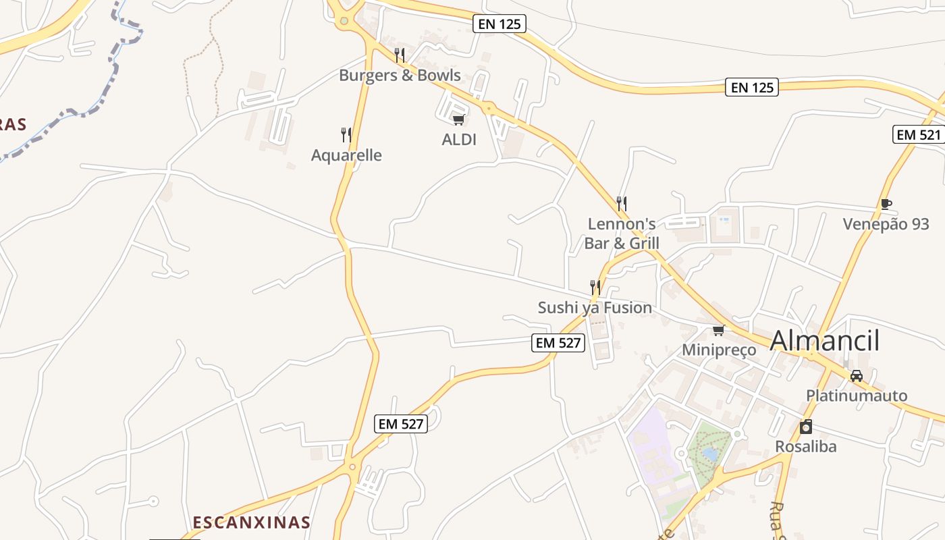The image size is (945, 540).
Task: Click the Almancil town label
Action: pos(824,341)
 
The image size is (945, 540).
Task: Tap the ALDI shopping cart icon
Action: pos(459,119)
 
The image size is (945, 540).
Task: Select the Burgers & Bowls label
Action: pos(400,75)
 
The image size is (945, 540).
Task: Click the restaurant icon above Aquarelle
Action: pos(346,134)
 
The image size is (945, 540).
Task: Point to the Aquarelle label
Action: pos(346,155)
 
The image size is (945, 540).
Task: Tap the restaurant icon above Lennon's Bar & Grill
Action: pos(622,202)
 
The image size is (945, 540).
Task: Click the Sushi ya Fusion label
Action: pos(595,308)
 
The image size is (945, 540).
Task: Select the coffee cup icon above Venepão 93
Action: pos(886,204)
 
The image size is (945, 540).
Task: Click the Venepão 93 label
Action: pos(886,224)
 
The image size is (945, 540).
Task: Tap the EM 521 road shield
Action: pos(917,134)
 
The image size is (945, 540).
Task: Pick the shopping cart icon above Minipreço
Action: pos(719,330)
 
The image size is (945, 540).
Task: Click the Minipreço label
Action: pos(719,350)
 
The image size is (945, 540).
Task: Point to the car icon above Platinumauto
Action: pos(856,375)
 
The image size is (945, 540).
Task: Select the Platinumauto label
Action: pos(857,396)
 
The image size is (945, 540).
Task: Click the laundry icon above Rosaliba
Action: pos(805,427)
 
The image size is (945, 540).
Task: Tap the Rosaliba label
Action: pos(805,446)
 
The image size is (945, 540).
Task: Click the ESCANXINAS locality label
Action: pos(251,522)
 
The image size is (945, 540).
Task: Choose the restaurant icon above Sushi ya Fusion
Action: pos(595,288)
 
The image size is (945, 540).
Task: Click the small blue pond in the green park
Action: pos(709,454)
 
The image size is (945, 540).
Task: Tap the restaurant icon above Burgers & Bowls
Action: pos(400,55)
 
